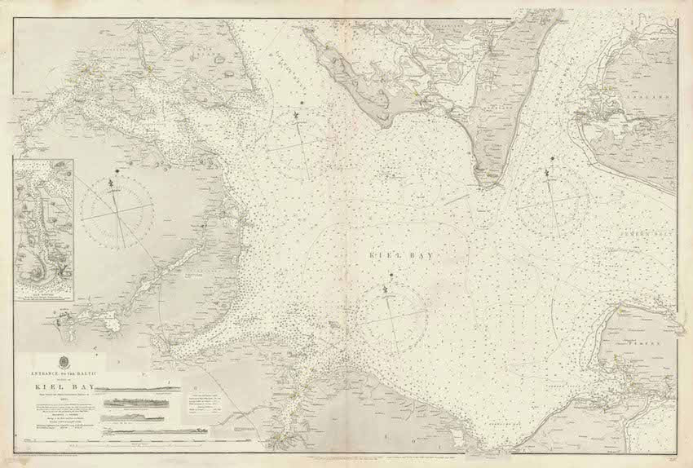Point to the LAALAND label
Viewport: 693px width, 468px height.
coord(657,95)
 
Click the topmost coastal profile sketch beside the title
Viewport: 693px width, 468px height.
coord(137,388)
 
